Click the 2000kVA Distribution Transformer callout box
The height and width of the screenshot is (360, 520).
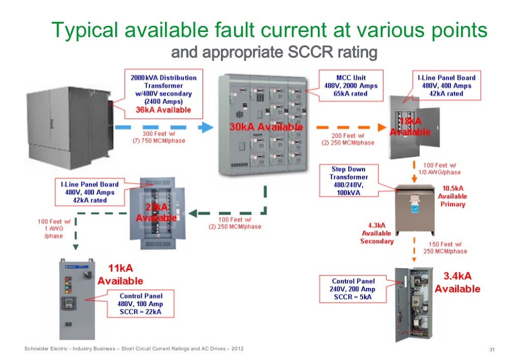tap(163, 94)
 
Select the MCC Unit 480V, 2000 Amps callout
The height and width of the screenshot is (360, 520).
tap(351, 86)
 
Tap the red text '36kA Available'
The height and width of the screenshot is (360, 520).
tap(163, 110)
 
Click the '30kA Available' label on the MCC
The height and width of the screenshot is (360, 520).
tap(266, 127)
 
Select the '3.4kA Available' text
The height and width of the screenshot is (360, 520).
tap(457, 282)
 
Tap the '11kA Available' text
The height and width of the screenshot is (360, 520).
tap(120, 275)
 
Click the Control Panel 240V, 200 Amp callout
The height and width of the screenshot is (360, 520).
tap(353, 289)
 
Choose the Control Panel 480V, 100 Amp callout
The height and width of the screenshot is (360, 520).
tap(141, 304)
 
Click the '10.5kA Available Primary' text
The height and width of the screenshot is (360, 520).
tap(452, 196)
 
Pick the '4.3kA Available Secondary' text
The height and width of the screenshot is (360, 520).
tap(376, 233)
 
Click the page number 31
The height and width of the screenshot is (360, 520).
tap(491, 349)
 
